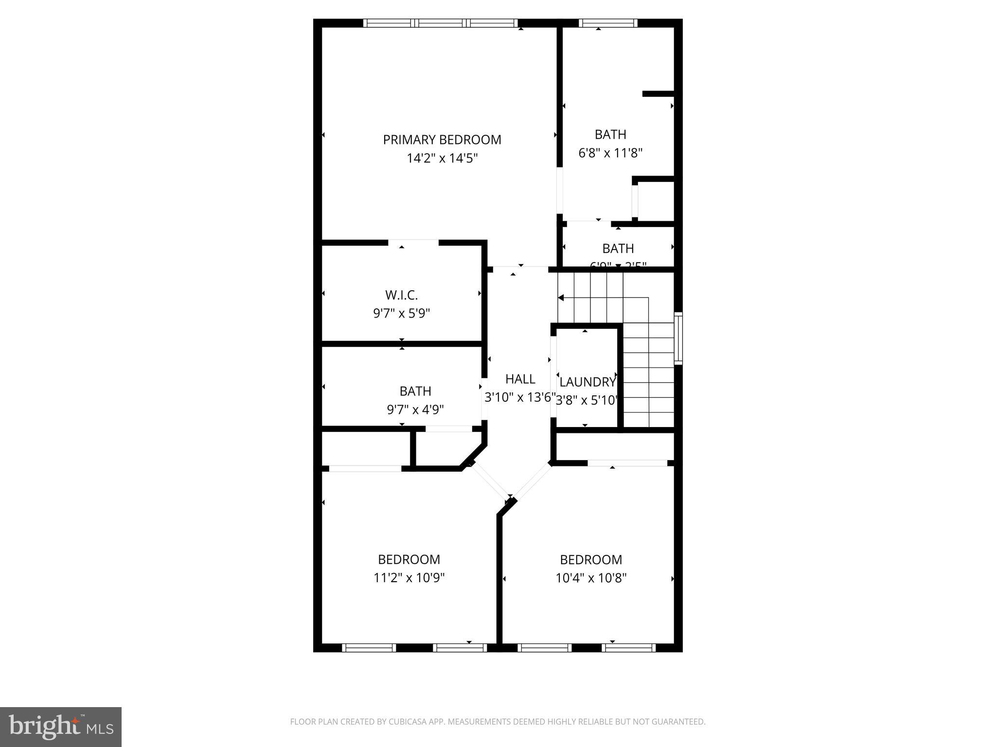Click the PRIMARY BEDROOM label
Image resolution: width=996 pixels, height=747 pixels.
(442, 140)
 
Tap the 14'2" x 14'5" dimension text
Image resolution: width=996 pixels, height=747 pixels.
(442, 159)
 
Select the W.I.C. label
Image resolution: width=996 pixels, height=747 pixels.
(401, 295)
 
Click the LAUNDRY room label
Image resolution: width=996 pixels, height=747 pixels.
(587, 382)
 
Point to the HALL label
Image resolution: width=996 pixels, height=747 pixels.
(520, 379)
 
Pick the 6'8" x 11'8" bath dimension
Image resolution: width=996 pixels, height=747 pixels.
(610, 153)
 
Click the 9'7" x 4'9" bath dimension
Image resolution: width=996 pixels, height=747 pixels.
(415, 410)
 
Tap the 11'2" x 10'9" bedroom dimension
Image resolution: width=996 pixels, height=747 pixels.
(409, 578)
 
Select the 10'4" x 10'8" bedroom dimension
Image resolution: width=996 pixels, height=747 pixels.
(591, 578)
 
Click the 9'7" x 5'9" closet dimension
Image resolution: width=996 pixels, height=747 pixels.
(401, 314)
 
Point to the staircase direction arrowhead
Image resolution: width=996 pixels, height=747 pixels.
(561, 298)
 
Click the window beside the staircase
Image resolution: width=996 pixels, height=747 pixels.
(678, 338)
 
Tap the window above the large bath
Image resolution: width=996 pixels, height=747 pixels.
(608, 23)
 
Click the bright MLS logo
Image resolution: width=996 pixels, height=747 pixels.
(61, 727)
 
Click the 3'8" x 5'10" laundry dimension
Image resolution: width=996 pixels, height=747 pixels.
(587, 401)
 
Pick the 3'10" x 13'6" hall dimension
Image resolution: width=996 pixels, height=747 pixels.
(519, 398)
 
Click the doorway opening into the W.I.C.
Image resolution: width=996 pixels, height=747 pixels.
(413, 242)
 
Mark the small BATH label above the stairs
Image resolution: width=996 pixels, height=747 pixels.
(618, 249)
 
